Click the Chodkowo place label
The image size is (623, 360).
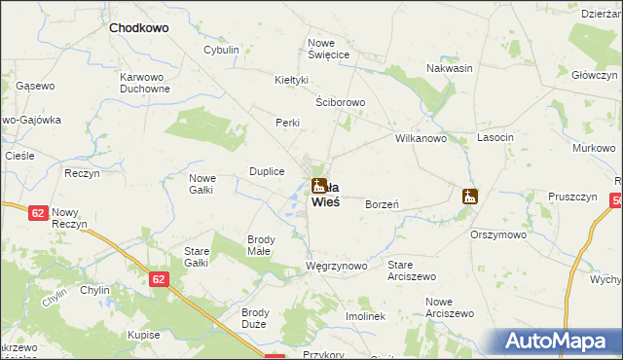[138, 28]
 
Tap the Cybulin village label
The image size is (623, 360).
[221, 50]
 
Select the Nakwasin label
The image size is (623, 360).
[450, 68]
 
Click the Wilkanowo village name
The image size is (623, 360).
[421, 138]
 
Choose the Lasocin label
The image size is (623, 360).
[495, 138]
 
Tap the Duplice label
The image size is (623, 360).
[268, 171]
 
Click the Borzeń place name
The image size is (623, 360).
[384, 204]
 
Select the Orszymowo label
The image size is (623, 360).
[498, 234]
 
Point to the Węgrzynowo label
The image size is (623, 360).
[336, 266]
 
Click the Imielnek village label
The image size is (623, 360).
[365, 316]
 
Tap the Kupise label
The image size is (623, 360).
[143, 334]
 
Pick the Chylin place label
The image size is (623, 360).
[94, 290]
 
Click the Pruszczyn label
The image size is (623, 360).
[572, 196]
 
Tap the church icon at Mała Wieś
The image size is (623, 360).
[318, 185]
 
